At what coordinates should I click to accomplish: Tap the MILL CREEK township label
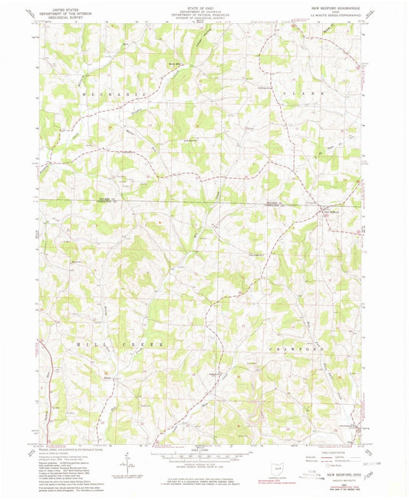point(118,345)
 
